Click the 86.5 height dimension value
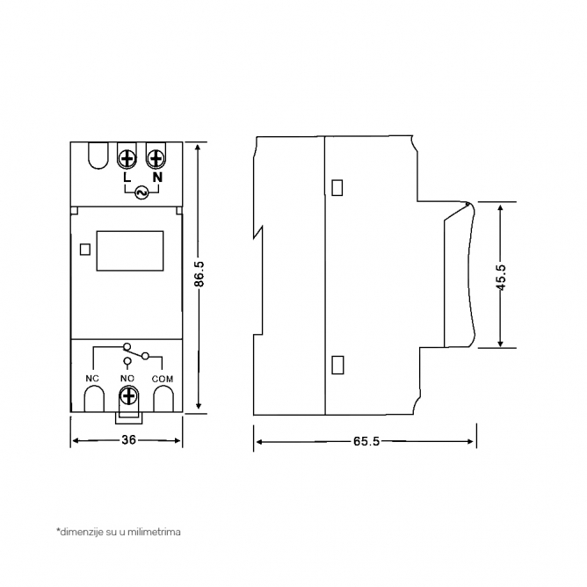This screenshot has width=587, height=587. (199, 274)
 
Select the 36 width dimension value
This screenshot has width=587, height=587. (128, 440)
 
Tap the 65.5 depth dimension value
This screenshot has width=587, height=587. (366, 441)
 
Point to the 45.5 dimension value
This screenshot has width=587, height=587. (501, 278)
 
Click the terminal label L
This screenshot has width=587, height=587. (127, 177)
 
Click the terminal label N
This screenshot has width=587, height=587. (157, 177)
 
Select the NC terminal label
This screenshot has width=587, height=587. (92, 379)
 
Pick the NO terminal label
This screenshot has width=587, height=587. (127, 379)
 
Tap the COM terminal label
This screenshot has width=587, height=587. (163, 379)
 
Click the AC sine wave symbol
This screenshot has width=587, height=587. (141, 192)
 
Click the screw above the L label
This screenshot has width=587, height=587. (127, 159)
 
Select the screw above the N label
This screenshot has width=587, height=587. (156, 159)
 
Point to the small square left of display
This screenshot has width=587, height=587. (85, 250)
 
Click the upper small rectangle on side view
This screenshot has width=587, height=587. (337, 187)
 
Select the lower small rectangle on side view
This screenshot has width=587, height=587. (337, 365)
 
